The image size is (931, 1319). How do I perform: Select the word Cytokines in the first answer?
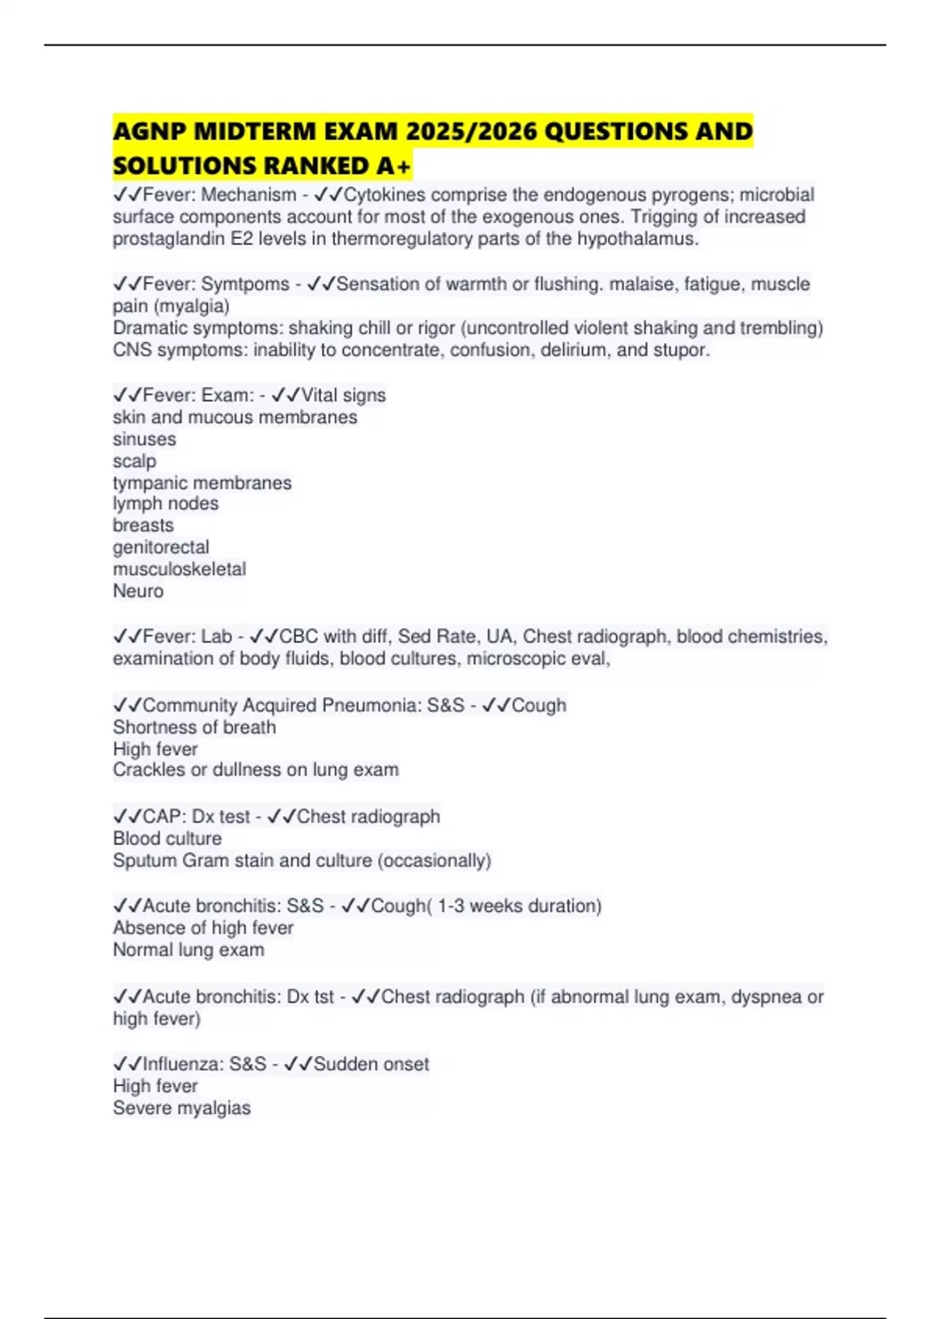point(384,195)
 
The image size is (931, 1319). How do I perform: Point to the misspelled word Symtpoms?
point(245,284)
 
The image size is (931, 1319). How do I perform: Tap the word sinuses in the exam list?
point(144,439)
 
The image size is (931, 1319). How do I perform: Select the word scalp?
point(134,461)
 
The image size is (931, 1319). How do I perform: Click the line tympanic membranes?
point(202,483)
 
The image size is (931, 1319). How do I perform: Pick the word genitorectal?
point(161,547)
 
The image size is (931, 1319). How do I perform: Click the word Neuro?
point(138,591)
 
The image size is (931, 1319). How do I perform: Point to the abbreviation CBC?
point(299,637)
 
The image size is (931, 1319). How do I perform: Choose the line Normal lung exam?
point(189,950)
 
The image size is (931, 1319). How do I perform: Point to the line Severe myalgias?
point(182,1108)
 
